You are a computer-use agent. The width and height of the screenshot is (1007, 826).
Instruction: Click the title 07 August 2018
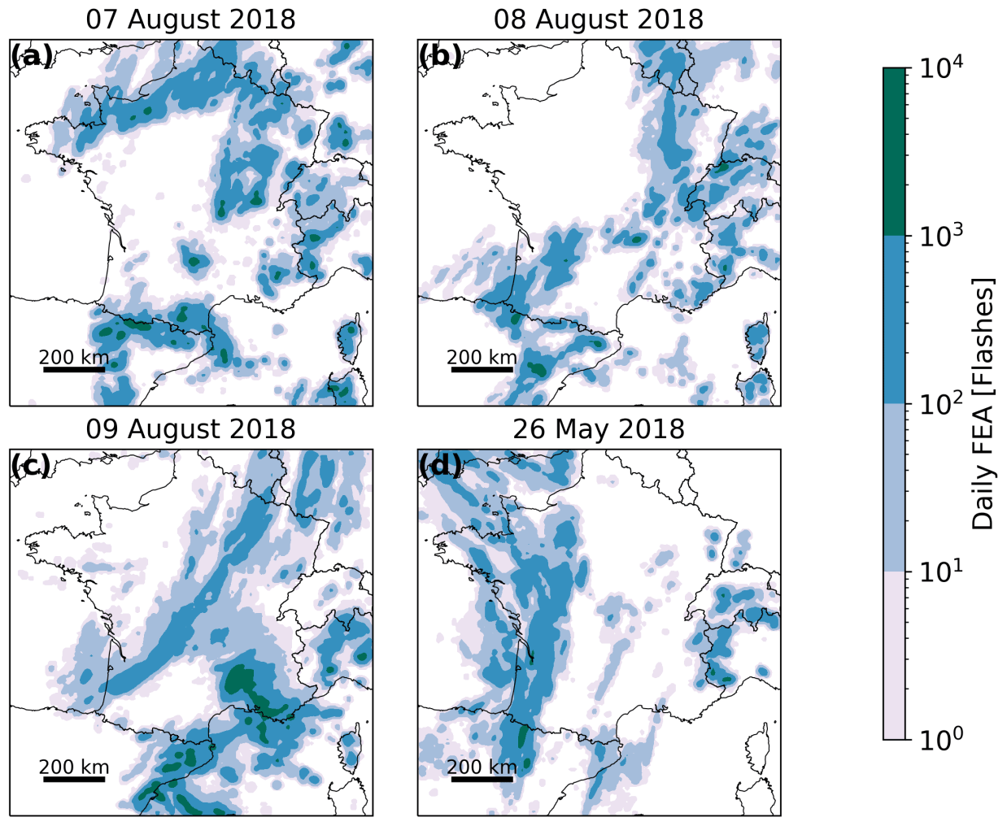tap(191, 19)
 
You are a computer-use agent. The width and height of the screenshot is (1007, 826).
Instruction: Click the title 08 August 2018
tap(599, 19)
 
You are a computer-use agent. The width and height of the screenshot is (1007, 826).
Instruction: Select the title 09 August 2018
tap(191, 428)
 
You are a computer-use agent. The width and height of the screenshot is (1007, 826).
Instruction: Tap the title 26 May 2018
tap(599, 428)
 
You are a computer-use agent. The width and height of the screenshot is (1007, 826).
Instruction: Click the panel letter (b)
tap(440, 56)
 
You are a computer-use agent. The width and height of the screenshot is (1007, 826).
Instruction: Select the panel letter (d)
tap(440, 466)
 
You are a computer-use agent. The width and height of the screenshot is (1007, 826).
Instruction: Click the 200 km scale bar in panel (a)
tap(74, 369)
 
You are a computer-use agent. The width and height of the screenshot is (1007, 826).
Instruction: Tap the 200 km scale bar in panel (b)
tap(482, 369)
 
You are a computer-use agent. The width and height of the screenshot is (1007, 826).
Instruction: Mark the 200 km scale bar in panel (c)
tap(74, 779)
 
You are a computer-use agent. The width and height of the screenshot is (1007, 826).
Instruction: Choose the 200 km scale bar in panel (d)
tap(482, 779)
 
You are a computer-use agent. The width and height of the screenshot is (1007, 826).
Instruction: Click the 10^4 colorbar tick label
tap(942, 67)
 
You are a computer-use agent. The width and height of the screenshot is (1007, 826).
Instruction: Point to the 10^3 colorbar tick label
tap(942, 236)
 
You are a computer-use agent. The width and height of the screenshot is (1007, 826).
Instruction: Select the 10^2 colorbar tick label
tap(942, 403)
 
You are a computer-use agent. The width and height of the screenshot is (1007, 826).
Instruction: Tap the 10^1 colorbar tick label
tap(942, 572)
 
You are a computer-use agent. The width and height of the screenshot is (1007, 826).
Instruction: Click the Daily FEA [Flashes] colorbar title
tap(983, 404)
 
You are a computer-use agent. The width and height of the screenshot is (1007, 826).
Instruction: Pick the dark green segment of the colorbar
tap(896, 151)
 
